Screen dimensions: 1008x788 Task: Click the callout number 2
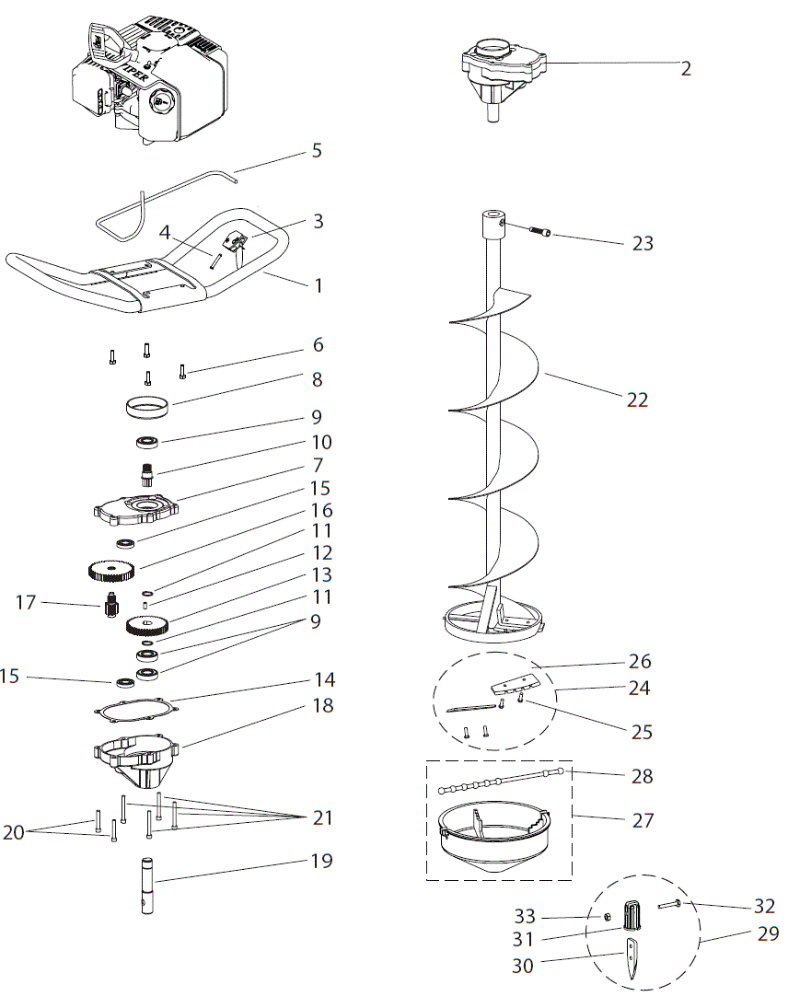click(686, 69)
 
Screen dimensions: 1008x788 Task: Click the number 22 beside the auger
click(637, 400)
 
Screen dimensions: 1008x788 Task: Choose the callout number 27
click(643, 819)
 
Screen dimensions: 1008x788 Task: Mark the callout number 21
click(322, 817)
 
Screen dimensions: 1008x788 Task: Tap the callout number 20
click(14, 832)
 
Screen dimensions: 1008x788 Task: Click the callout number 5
click(317, 150)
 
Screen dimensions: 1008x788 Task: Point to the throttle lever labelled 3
click(238, 243)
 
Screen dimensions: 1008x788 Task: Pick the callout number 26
click(640, 661)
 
